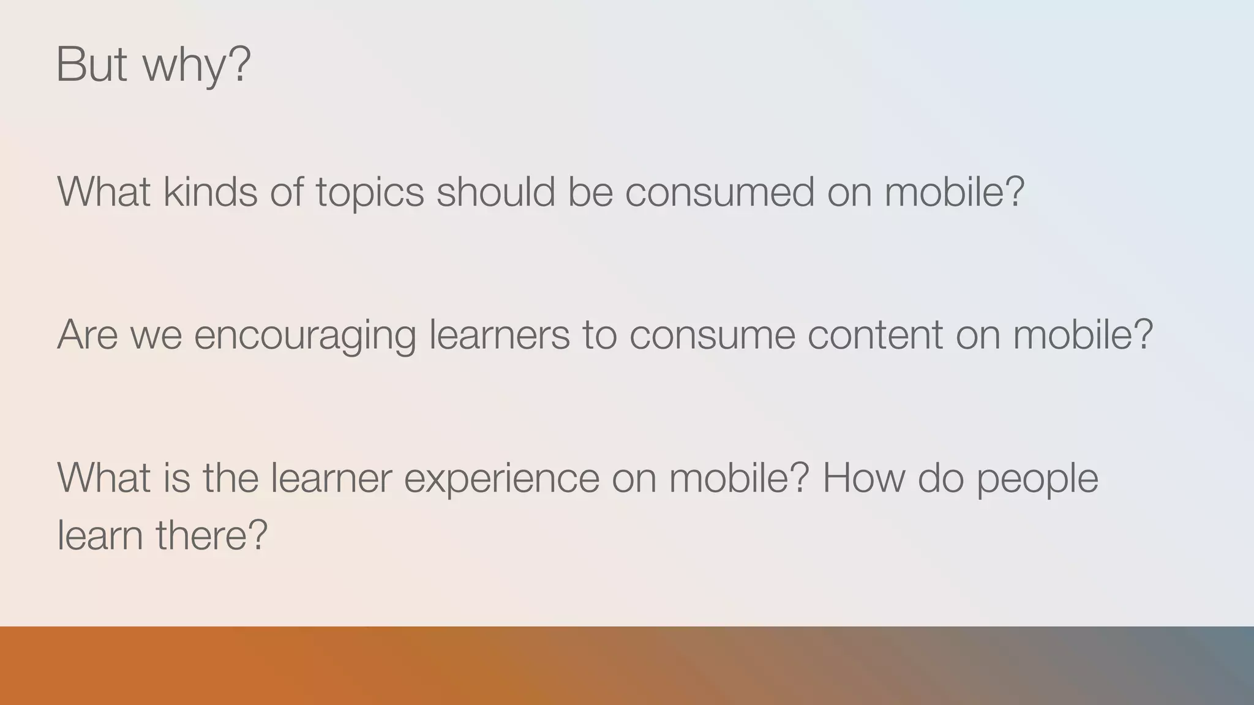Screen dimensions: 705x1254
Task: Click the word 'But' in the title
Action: [91, 64]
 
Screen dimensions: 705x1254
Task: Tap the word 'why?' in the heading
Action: [197, 66]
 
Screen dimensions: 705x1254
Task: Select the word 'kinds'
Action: [210, 192]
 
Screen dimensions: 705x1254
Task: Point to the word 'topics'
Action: [370, 193]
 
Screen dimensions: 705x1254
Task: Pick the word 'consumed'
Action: [719, 192]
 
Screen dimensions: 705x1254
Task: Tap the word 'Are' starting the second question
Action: [87, 334]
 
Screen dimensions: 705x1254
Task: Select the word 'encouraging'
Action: [305, 337]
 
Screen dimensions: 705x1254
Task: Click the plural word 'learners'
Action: [499, 334]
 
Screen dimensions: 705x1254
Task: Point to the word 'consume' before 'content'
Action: [711, 335]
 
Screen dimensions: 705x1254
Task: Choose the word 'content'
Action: [875, 334]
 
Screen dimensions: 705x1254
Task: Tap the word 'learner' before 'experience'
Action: [331, 477]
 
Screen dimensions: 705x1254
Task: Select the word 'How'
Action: [863, 477]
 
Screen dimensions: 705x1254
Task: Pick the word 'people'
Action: [1037, 479]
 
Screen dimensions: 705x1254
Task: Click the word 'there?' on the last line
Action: [211, 534]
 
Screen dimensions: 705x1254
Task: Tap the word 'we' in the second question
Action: [156, 335]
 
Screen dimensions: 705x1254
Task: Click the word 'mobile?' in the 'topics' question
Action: [955, 192]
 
